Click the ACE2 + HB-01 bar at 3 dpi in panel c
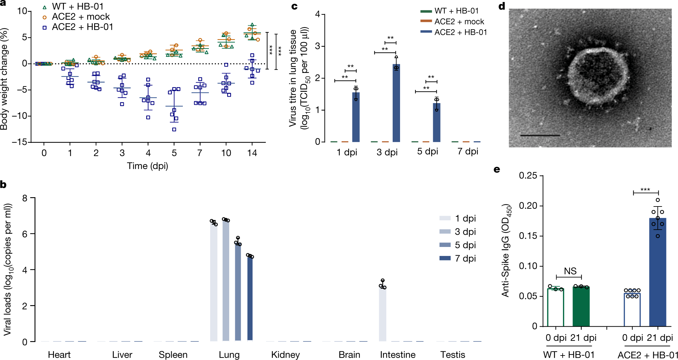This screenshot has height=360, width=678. pyautogui.click(x=396, y=103)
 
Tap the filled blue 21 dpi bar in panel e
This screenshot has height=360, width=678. pyautogui.click(x=658, y=272)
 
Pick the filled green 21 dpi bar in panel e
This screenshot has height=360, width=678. pyautogui.click(x=581, y=306)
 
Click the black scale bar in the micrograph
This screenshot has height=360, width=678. pyautogui.click(x=540, y=136)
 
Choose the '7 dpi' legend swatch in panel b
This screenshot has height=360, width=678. pyautogui.click(x=445, y=258)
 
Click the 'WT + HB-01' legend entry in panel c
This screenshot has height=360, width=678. pyautogui.click(x=450, y=11)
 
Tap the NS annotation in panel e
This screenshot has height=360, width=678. pyautogui.click(x=570, y=271)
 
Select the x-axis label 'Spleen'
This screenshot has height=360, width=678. pyautogui.click(x=173, y=355)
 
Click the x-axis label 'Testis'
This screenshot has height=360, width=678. pyautogui.click(x=453, y=355)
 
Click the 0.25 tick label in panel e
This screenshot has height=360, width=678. pyautogui.click(x=528, y=176)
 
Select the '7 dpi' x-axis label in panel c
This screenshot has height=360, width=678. pyautogui.click(x=468, y=151)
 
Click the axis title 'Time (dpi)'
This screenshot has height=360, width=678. pyautogui.click(x=147, y=166)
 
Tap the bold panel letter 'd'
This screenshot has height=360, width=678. pyautogui.click(x=502, y=6)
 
